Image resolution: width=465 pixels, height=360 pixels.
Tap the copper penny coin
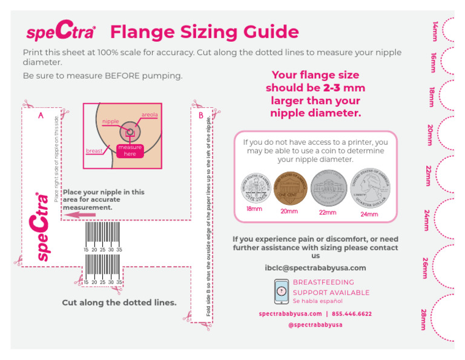289,188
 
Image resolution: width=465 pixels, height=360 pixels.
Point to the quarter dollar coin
369,188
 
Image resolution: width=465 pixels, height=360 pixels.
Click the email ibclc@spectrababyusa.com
315,268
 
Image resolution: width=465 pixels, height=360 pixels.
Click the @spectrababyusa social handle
315,325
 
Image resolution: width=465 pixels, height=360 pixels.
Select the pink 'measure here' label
130,151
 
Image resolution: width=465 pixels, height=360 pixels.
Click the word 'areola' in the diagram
150,115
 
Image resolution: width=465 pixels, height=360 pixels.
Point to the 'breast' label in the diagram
94,151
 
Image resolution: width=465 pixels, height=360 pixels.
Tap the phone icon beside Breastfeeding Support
281,292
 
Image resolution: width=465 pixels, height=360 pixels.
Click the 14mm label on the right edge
434,31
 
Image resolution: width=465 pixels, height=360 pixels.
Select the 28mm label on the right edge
425,319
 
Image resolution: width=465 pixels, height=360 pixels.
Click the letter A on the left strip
41,115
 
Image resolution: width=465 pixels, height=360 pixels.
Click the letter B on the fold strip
201,115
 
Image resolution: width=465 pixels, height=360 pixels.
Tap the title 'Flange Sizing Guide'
205,32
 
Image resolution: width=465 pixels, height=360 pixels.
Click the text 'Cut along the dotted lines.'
119,302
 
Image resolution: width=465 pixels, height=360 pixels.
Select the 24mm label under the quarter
369,214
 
